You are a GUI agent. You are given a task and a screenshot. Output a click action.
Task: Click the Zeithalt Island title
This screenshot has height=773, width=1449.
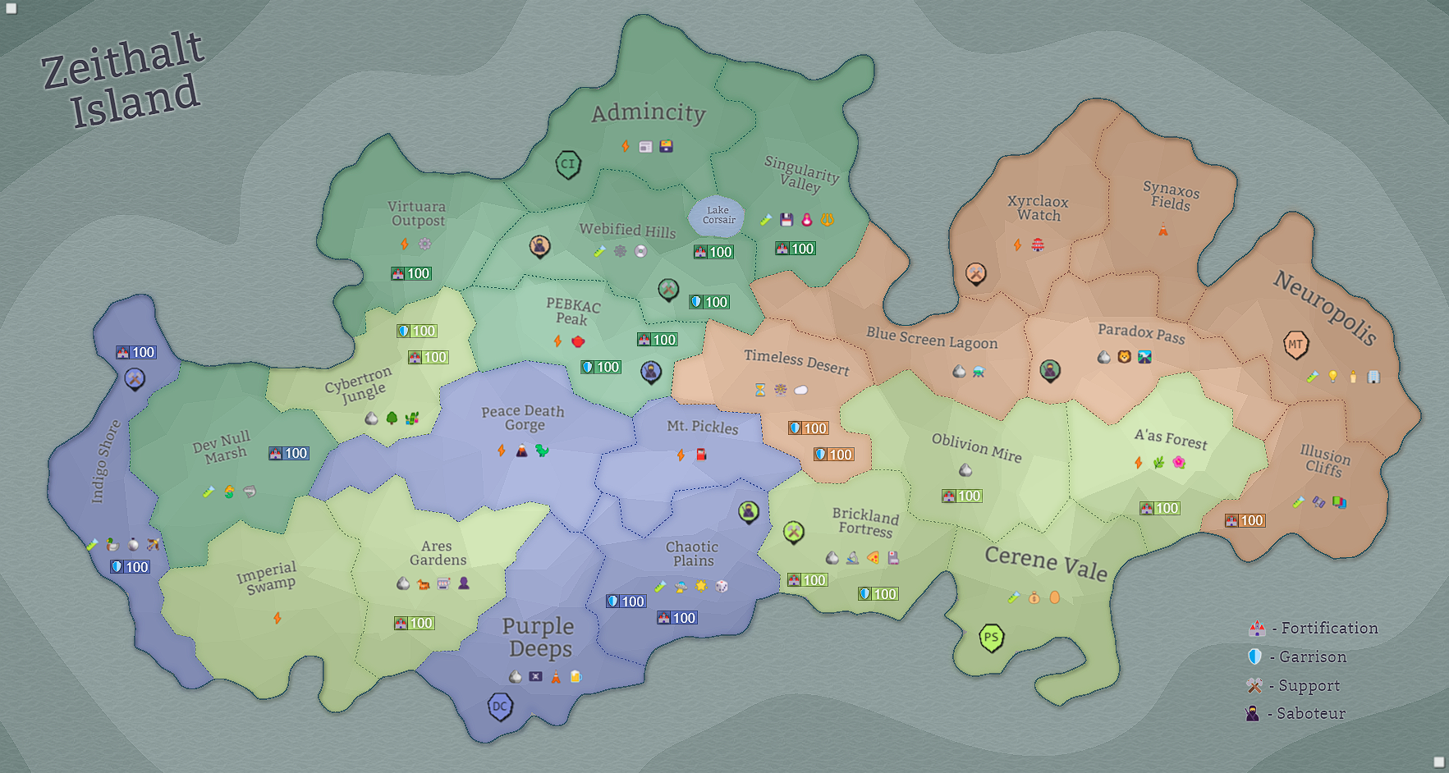tap(123, 80)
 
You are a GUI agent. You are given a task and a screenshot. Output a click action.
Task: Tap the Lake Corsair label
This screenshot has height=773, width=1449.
tap(718, 215)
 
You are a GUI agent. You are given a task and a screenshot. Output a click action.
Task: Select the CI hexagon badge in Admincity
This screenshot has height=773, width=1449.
tap(567, 164)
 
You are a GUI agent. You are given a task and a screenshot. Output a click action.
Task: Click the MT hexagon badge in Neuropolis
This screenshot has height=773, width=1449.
tap(1295, 345)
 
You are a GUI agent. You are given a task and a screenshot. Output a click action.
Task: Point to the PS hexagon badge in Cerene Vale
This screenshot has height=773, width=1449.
tap(991, 638)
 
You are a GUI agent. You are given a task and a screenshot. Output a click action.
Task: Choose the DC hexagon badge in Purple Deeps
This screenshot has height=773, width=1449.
tap(500, 707)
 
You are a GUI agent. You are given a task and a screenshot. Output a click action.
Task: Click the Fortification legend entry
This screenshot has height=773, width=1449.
tap(1314, 629)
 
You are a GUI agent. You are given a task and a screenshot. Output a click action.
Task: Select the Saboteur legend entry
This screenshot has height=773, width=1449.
tap(1297, 714)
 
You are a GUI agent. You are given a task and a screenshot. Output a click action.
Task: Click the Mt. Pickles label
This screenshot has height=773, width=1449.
tap(702, 427)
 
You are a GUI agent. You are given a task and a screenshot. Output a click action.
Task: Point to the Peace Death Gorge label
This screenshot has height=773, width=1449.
tap(523, 417)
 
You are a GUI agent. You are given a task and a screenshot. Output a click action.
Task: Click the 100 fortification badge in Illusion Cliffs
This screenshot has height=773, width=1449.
tap(1245, 520)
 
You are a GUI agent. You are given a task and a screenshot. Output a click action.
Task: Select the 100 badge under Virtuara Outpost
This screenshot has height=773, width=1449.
tap(411, 273)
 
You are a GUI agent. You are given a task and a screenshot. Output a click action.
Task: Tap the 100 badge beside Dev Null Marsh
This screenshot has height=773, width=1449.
tap(289, 453)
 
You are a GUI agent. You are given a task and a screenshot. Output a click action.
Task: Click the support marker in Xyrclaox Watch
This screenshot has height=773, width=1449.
tap(975, 272)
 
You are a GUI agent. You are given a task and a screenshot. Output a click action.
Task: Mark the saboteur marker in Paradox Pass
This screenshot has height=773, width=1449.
tap(1050, 370)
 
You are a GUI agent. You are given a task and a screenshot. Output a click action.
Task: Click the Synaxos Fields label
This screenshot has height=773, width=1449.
tap(1171, 196)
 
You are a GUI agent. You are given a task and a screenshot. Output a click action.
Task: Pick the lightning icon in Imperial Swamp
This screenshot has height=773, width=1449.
tap(277, 618)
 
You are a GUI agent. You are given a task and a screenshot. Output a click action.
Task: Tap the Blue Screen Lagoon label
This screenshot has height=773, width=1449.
tap(932, 337)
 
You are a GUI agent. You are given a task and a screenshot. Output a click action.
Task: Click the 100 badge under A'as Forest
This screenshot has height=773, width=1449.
tap(1160, 508)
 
